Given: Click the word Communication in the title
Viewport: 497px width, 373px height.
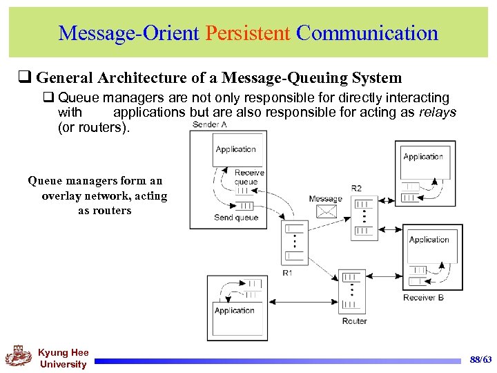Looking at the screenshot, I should click(x=367, y=33).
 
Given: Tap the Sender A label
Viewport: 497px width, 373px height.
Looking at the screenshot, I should click(x=210, y=124).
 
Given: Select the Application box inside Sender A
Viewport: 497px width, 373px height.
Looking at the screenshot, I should click(x=235, y=149).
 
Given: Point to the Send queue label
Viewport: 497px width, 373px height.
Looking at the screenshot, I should click(x=236, y=218).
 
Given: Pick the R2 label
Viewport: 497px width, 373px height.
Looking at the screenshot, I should click(x=356, y=188).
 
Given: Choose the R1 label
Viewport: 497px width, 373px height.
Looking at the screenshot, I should click(x=288, y=273).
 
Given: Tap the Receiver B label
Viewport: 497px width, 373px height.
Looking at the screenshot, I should click(x=424, y=298).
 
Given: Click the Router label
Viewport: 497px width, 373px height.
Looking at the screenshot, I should click(x=354, y=321).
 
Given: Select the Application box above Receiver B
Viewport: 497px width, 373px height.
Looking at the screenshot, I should click(x=429, y=240).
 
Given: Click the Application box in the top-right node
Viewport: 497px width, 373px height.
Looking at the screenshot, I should click(x=423, y=157).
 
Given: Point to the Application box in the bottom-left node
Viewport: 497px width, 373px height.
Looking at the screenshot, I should click(x=235, y=311).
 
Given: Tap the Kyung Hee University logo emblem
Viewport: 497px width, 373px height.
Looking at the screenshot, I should click(x=19, y=356).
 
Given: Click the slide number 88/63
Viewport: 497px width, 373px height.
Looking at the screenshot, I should click(x=480, y=360).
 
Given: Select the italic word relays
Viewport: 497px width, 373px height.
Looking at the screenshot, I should click(x=438, y=112).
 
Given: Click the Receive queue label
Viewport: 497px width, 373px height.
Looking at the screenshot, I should click(x=248, y=177).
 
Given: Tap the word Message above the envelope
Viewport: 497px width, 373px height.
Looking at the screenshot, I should click(x=325, y=199).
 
